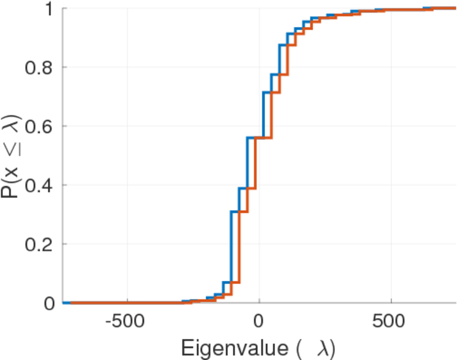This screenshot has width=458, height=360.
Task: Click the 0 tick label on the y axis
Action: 49,303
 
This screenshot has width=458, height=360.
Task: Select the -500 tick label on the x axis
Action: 127,323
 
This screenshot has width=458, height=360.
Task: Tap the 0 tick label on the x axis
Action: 259,323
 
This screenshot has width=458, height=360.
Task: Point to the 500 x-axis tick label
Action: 391,323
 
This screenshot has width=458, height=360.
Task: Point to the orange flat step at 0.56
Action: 264,138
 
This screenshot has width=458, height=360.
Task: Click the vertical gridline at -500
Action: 127,150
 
